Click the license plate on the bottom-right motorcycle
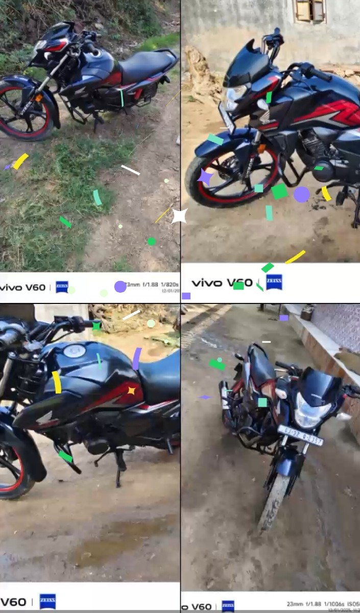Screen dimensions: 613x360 (x=301, y=435)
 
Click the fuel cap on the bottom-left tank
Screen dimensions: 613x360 (x=75, y=350)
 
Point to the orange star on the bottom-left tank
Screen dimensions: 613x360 (x=131, y=391)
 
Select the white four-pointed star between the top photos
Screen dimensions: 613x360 (x=179, y=216)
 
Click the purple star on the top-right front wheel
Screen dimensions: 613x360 (x=205, y=177)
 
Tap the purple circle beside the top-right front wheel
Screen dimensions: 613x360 (x=301, y=194)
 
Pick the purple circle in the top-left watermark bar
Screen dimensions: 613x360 (x=120, y=287)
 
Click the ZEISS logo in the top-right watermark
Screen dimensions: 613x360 (x=274, y=282)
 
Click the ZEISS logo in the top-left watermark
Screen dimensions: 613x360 (x=62, y=287)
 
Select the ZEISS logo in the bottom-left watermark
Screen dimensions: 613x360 (x=47, y=601)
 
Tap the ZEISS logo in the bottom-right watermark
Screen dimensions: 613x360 (x=228, y=606)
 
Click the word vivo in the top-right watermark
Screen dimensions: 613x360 (x=207, y=282)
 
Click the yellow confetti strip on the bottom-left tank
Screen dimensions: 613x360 (x=57, y=382)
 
